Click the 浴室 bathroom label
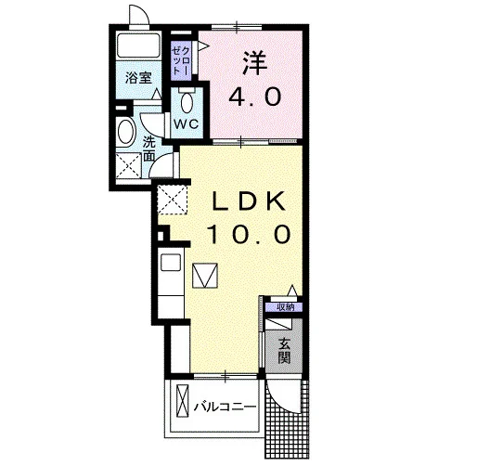tap(138, 78)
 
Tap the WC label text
tap(186, 124)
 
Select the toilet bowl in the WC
tap(187, 102)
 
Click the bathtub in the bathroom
tap(138, 45)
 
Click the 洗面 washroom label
tap(148, 149)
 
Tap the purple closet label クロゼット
tap(181, 60)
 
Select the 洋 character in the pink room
tap(255, 63)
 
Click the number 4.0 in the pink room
tap(255, 97)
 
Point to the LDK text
tap(248, 201)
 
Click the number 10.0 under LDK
tap(249, 234)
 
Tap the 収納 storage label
tap(285, 307)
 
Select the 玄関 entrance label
tap(284, 351)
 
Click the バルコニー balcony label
tap(225, 407)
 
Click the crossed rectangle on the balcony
tap(182, 401)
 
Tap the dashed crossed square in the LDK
tap(173, 200)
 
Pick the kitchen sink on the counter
tap(171, 263)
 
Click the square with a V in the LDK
tap(205, 276)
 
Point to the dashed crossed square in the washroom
tap(129, 165)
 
